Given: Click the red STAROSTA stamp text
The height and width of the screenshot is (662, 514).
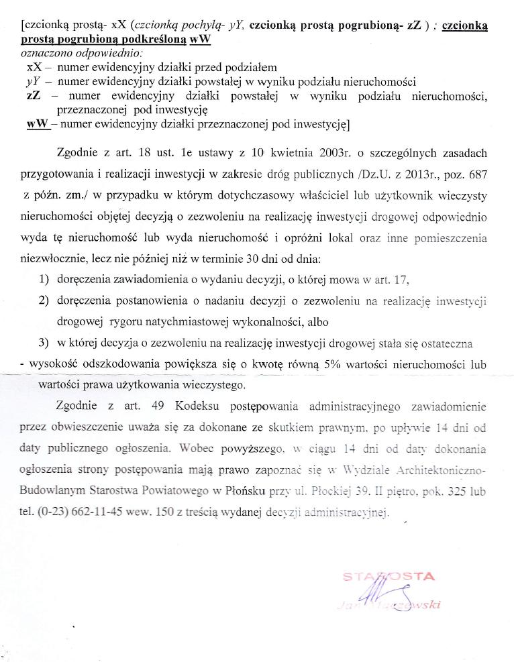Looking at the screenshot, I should (x=389, y=576).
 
